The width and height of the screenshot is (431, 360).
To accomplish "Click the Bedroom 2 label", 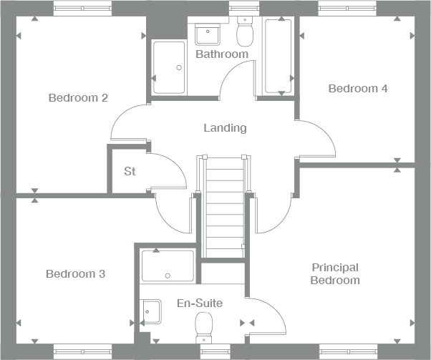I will tap(78, 97).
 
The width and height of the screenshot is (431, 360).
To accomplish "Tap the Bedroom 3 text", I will tap(75, 273).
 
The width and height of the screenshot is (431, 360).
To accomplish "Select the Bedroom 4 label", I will tap(358, 89).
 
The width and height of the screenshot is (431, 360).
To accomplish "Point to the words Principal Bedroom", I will tap(334, 273).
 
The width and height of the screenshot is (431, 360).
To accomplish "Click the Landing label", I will tap(225, 128).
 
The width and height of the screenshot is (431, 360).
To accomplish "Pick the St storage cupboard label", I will tap(130, 171).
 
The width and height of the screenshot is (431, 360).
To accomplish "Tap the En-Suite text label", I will tap(199, 303).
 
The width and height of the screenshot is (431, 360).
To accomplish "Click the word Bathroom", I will tap(222, 54).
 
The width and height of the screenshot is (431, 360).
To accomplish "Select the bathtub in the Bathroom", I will tap(279, 56).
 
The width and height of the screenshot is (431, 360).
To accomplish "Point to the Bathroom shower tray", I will tap(169, 67).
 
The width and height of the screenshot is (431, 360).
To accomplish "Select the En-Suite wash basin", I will tap(151, 311).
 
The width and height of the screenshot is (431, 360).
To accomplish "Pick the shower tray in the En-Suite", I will tap(168, 265).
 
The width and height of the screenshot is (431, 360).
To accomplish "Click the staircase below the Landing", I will tap(225, 208).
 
